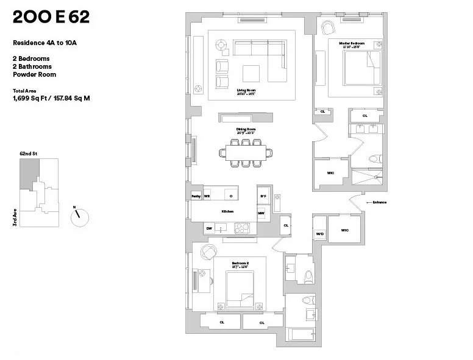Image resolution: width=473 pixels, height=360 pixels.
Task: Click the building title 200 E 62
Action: click(x=51, y=17)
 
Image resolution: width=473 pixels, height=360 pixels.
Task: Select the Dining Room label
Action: click(x=245, y=130)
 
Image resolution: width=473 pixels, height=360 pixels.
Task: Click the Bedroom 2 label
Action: click(x=240, y=264)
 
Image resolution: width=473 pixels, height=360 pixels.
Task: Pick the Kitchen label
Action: click(x=227, y=211)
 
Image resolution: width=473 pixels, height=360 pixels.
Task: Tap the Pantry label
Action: click(x=196, y=196)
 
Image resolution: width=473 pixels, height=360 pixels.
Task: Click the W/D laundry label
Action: click(x=319, y=234)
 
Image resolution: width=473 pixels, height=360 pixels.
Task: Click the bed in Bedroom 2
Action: click(x=240, y=289)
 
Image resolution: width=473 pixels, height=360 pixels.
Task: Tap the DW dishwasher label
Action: click(x=209, y=228)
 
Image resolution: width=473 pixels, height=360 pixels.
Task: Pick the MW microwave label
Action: click(x=261, y=213)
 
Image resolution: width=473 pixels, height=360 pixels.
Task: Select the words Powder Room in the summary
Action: click(x=34, y=74)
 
